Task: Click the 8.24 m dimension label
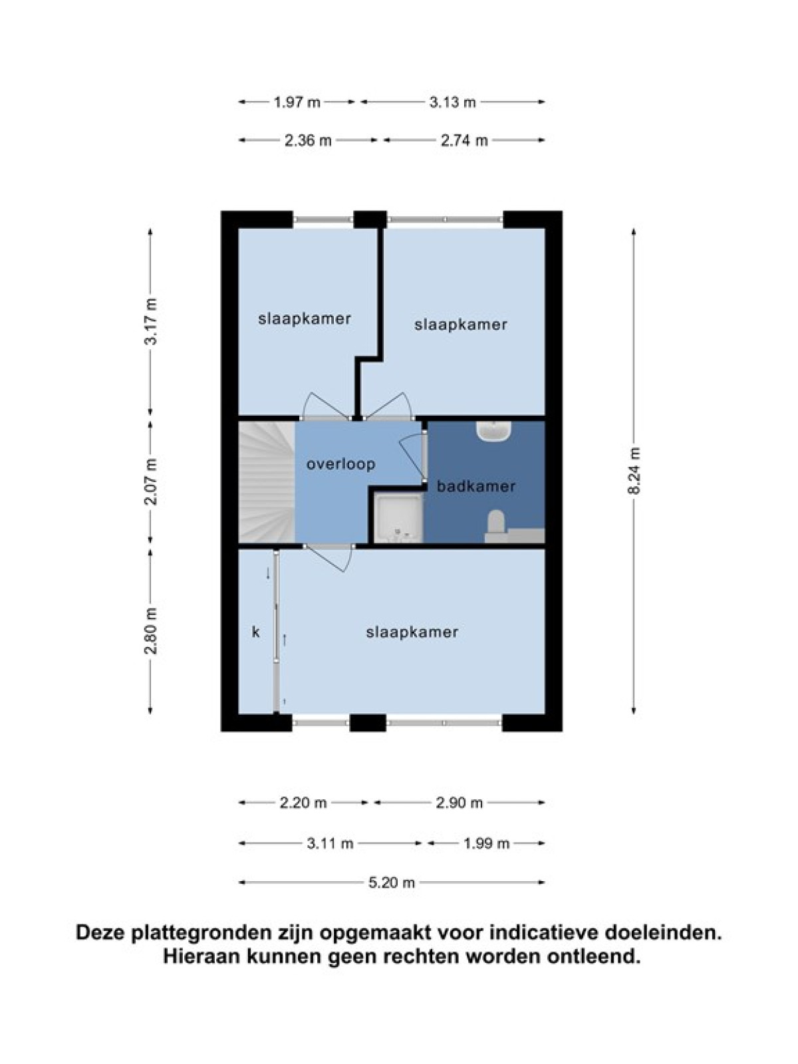(x=633, y=470)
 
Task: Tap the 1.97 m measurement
(x=297, y=102)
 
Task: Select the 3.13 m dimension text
(x=453, y=102)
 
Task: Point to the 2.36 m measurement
(x=308, y=140)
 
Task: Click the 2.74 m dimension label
(x=464, y=140)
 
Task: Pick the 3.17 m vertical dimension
(x=151, y=321)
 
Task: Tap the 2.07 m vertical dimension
(x=151, y=481)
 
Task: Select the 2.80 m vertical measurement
(x=151, y=630)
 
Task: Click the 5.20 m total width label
(x=392, y=882)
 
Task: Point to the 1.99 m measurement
(x=487, y=844)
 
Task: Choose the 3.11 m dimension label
(x=330, y=844)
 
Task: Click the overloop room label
(x=340, y=464)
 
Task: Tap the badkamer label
(x=475, y=485)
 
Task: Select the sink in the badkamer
(x=493, y=430)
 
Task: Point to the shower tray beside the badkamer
(x=399, y=517)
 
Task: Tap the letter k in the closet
(x=256, y=632)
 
